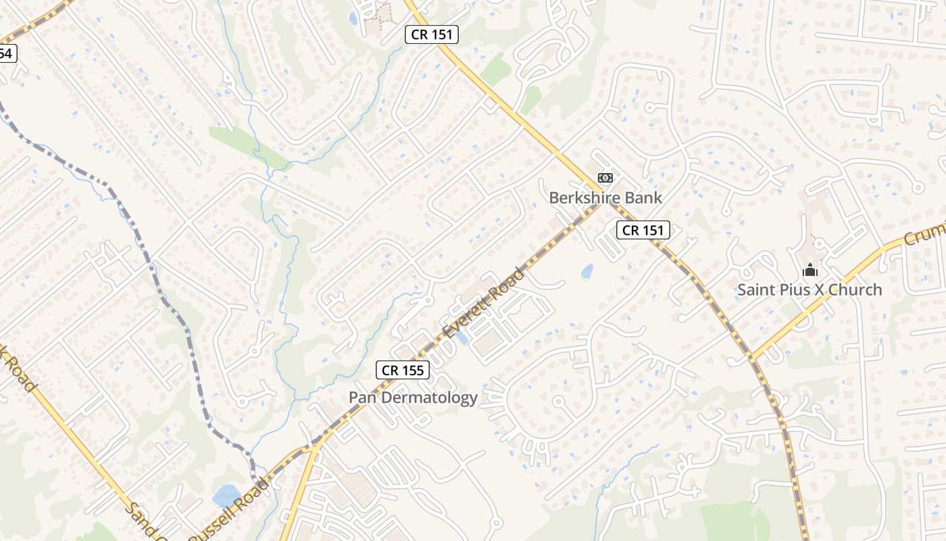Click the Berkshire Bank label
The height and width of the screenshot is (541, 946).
pyautogui.click(x=605, y=197)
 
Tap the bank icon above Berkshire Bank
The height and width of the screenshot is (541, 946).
pyautogui.click(x=605, y=178)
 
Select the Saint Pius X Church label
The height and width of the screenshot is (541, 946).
pyautogui.click(x=809, y=289)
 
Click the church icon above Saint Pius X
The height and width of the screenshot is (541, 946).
pyautogui.click(x=810, y=270)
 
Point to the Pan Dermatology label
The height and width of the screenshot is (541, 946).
pyautogui.click(x=413, y=397)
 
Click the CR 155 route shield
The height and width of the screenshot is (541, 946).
pyautogui.click(x=403, y=370)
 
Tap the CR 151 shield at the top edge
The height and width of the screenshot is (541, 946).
pyautogui.click(x=432, y=34)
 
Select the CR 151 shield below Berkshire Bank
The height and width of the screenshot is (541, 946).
pyautogui.click(x=643, y=230)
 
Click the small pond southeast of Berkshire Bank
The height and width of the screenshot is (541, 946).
pyautogui.click(x=587, y=272)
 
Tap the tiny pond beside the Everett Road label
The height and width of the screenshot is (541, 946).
pyautogui.click(x=462, y=337)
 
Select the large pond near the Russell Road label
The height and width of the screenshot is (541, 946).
pyautogui.click(x=226, y=496)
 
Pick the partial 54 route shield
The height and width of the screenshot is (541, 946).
pyautogui.click(x=7, y=53)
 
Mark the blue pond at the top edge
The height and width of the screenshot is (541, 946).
pyautogui.click(x=353, y=18)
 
